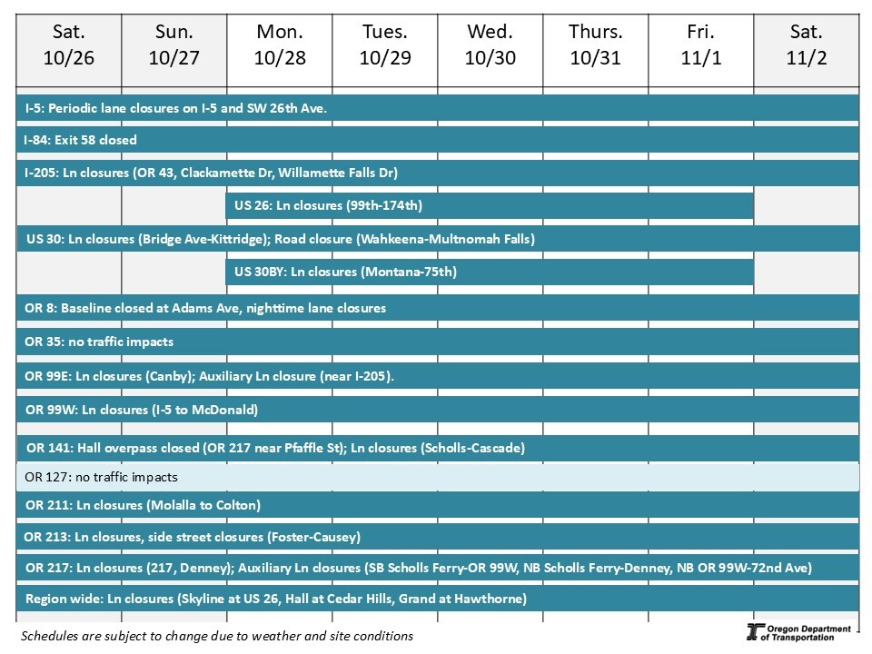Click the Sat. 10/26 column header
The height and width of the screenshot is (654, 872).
[x=69, y=45]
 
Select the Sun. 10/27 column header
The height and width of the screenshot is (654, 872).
[x=174, y=45]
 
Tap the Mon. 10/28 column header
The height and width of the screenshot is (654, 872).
[x=280, y=45]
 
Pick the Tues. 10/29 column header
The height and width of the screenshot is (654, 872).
[x=385, y=45]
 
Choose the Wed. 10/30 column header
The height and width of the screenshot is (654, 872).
[x=490, y=45]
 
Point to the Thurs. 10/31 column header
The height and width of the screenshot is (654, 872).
[x=596, y=45]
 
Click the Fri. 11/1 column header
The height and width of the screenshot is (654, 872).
[x=701, y=45]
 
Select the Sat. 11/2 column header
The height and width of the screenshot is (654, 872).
[x=807, y=45]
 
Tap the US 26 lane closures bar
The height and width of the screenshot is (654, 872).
[x=490, y=206]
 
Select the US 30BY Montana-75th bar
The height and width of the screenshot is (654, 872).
[x=490, y=272]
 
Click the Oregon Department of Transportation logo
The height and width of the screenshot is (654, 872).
[x=798, y=633]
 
